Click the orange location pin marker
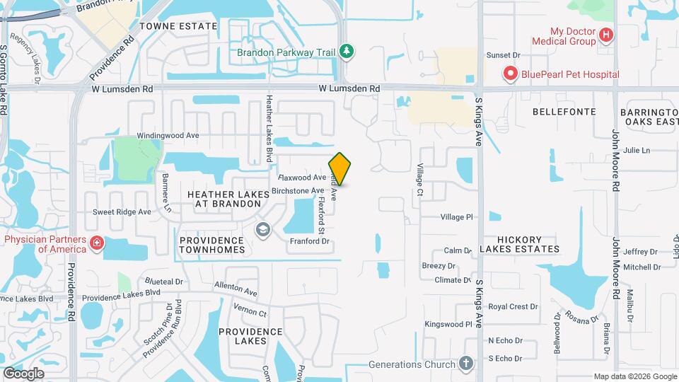[340, 169]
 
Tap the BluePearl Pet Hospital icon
[509, 74]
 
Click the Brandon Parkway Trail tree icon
[346, 51]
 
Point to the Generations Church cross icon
[465, 364]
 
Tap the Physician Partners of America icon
[96, 244]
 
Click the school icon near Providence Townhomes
[263, 230]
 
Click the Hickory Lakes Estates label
[519, 244]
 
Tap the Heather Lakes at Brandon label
[224, 198]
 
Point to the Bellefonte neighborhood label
[562, 112]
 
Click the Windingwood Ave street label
[168, 134]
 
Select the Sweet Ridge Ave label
[122, 212]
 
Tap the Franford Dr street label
[310, 241]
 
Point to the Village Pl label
[455, 217]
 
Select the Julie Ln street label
[637, 150]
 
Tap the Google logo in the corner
[23, 373]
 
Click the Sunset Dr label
[503, 54]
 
